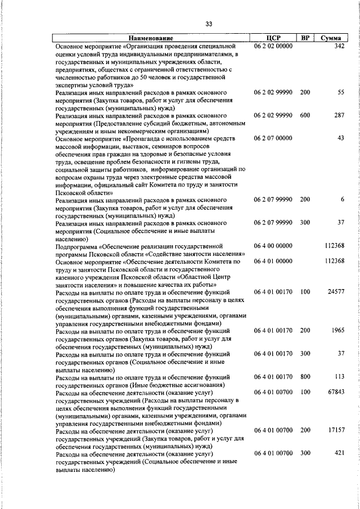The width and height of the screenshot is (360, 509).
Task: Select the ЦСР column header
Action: pos(273,38)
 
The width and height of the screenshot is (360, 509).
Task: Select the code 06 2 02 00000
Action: pos(273,46)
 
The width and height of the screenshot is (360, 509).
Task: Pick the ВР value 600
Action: pos(305,114)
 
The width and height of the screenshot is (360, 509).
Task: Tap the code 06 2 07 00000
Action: pos(273,138)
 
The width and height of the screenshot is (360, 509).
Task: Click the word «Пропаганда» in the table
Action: pos(147,138)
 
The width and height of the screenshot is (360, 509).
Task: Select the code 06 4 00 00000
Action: pos(273,246)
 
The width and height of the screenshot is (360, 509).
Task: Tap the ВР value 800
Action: pos(305,377)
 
